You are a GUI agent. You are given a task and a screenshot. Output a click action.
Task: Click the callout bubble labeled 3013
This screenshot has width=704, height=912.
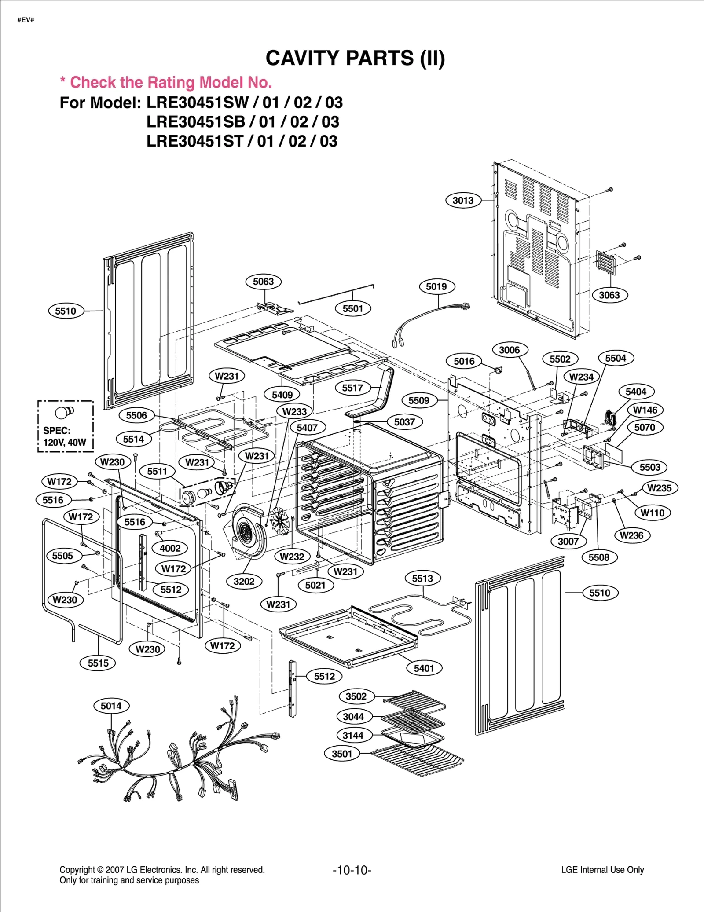[x=463, y=201]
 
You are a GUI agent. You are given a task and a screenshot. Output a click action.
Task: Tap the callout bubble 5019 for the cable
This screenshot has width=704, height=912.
[x=436, y=287]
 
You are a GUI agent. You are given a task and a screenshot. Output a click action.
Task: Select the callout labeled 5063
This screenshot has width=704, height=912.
[x=263, y=282]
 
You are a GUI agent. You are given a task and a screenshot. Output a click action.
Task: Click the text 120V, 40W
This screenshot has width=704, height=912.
[x=65, y=443]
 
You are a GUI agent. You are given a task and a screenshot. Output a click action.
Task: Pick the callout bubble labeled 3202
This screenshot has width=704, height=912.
[x=244, y=582]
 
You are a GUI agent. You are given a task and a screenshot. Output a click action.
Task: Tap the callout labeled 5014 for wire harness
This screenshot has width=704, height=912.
[x=111, y=706]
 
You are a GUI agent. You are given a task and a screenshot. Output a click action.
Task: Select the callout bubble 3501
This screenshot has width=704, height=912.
[x=342, y=754]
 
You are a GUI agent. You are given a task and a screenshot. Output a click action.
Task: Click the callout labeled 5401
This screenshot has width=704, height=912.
[x=424, y=668]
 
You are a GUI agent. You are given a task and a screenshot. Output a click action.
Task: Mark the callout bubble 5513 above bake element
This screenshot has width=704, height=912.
[x=422, y=579]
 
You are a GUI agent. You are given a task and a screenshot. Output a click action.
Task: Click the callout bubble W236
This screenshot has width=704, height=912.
[x=631, y=535]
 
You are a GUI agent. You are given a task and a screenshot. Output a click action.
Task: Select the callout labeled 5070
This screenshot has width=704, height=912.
[x=644, y=428]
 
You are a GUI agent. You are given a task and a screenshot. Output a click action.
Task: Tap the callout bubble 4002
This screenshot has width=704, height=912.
[x=170, y=548]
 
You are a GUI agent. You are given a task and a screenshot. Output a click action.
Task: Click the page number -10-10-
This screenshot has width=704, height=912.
[x=352, y=870]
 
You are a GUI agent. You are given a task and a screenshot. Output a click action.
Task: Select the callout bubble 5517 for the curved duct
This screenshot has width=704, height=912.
[x=352, y=388]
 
